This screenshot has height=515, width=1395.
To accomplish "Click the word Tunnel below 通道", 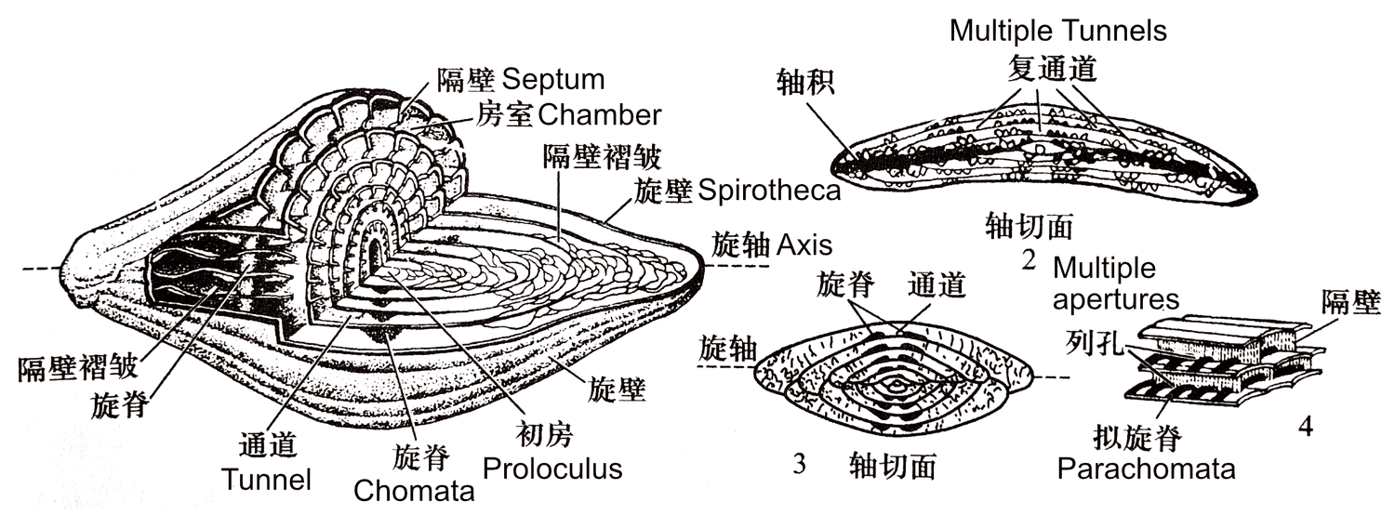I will click(267, 480).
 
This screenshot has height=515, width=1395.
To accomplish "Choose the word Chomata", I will click(415, 491).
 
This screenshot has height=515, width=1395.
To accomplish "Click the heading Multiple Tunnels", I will click(1057, 31).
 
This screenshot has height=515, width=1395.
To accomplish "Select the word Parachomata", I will click(1146, 468).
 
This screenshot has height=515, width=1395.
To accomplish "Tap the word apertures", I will click(1116, 299).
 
